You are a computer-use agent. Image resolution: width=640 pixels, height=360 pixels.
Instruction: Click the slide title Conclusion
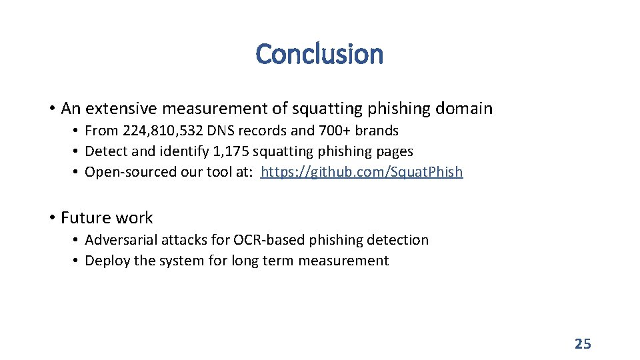click(319, 54)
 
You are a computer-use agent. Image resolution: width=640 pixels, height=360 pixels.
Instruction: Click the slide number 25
click(583, 344)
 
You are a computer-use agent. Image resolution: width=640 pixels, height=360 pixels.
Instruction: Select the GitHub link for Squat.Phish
click(361, 172)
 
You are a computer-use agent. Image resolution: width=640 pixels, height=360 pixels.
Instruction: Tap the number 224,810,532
click(169, 130)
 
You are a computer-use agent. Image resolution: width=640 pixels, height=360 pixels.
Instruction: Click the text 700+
click(333, 130)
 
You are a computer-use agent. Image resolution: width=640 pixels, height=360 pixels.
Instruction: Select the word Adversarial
click(123, 239)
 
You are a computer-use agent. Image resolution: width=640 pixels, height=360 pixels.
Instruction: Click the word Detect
click(106, 151)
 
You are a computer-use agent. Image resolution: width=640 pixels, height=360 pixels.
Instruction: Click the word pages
click(394, 151)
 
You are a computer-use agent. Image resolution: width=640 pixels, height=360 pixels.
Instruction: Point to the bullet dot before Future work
click(51, 218)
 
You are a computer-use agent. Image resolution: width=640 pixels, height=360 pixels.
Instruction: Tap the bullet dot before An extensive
click(51, 108)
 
